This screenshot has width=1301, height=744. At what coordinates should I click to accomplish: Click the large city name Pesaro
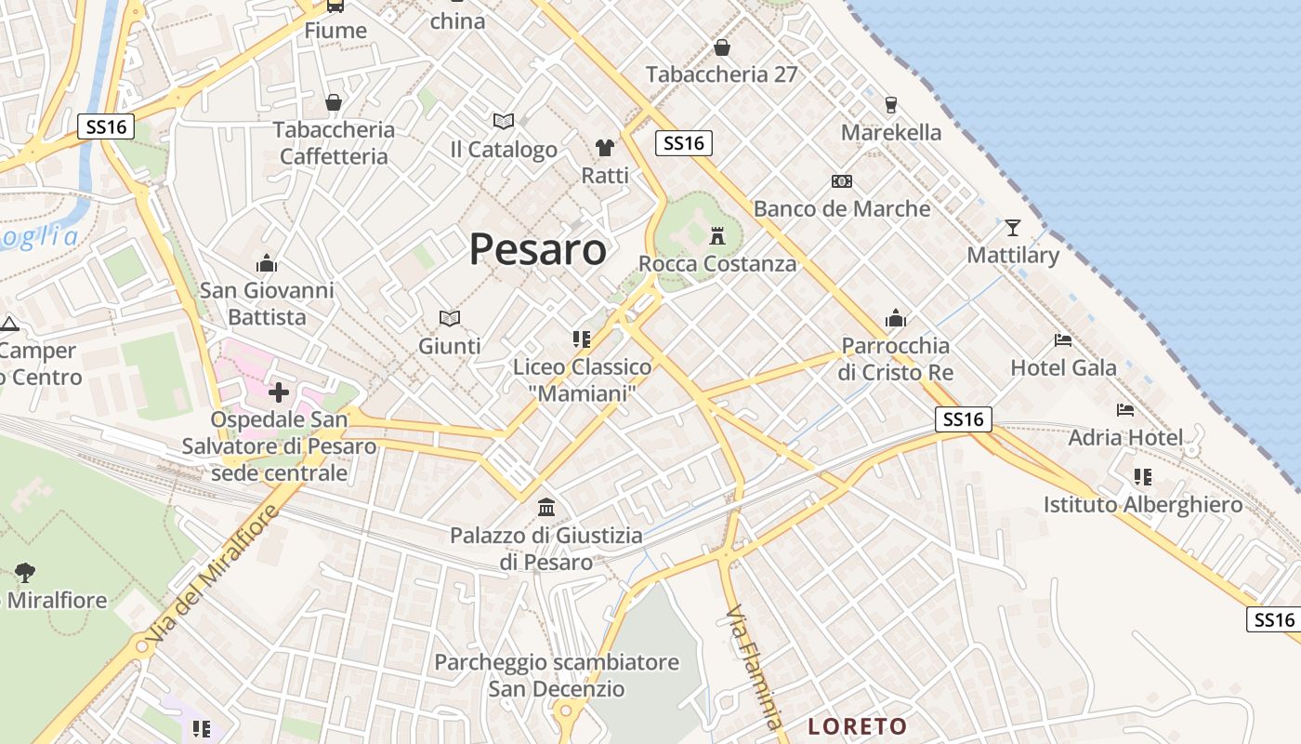pos(537,249)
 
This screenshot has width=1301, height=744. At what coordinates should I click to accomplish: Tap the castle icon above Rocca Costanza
pos(716,235)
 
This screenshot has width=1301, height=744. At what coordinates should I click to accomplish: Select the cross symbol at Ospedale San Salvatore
pos(278,392)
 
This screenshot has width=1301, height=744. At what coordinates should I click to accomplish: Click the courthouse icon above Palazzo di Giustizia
pos(546,508)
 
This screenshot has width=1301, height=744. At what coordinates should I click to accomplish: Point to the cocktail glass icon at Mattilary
pos(1012,227)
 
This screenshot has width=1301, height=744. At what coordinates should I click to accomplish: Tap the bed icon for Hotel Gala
pos(1063,340)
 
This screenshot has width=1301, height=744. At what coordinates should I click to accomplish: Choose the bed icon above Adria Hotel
pos(1125,409)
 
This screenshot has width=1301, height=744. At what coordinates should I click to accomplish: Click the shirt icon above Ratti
pos(605,148)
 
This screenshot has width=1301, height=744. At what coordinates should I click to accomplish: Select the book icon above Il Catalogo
pos(504,121)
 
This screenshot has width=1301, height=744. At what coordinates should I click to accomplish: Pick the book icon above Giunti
pos(450,318)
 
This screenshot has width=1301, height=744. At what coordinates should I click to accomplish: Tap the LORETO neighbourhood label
pos(857,726)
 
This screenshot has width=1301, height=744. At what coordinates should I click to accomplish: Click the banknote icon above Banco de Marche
pos(842,181)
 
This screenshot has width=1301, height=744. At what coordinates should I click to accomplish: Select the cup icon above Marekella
pos(891,104)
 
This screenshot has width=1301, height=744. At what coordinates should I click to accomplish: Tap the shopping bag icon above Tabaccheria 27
pos(722,47)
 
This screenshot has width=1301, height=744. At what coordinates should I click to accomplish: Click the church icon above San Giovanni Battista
pos(267,263)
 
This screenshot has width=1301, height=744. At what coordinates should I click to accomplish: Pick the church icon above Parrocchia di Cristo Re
pos(896,318)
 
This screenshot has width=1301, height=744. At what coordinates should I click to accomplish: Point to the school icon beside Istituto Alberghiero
pos(1143,477)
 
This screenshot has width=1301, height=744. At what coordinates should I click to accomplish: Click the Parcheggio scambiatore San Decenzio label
pos(557,676)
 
